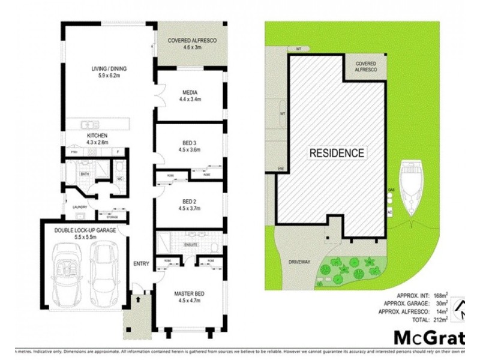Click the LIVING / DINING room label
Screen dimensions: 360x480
pyautogui.click(x=109, y=69)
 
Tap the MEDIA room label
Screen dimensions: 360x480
pyautogui.click(x=190, y=92)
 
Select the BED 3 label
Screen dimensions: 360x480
pyautogui.click(x=190, y=143)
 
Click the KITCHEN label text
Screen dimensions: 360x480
pyautogui.click(x=97, y=136)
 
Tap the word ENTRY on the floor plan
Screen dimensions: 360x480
pyautogui.click(x=142, y=263)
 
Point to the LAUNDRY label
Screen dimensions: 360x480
pyautogui.click(x=80, y=208)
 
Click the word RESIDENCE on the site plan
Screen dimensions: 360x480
pyautogui.click(x=337, y=153)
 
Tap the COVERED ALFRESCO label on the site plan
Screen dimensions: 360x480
pyautogui.click(x=365, y=66)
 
